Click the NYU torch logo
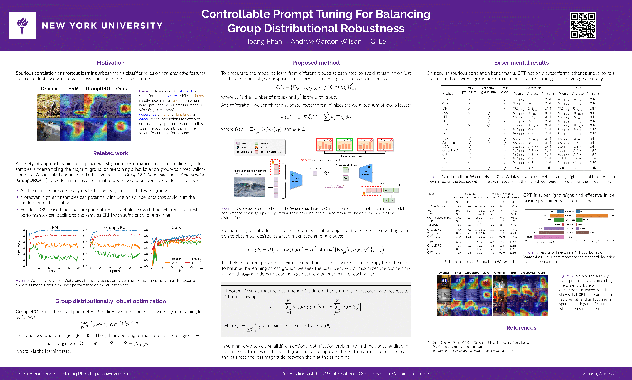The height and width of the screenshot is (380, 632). tap(23, 26)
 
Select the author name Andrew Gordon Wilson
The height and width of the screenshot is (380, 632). tap(326, 41)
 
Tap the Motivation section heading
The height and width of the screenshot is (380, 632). tap(110, 63)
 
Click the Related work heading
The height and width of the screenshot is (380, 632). tap(110, 153)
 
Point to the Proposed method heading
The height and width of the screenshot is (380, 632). tap(316, 63)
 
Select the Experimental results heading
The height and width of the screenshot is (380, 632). tap(521, 63)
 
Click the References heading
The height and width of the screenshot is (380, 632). tap(521, 328)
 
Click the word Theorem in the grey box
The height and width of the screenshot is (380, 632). tap(232, 291)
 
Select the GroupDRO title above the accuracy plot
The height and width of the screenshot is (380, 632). tap(115, 227)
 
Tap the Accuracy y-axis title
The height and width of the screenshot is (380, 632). tap(19, 248)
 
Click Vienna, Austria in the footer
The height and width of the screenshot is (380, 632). tap(598, 374)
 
